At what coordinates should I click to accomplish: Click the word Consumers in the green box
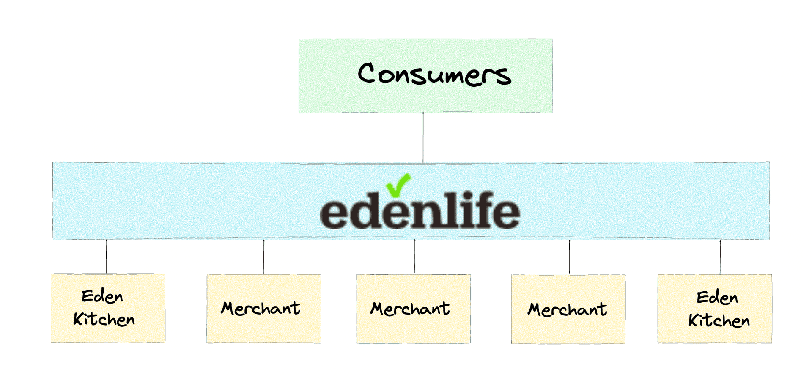(x=434, y=74)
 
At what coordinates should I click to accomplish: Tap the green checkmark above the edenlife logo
(x=398, y=185)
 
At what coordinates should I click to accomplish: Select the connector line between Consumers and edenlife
(x=423, y=137)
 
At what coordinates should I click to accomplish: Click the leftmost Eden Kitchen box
(x=108, y=308)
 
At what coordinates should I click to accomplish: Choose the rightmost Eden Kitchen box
(x=715, y=309)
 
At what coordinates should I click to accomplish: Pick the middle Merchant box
(x=413, y=309)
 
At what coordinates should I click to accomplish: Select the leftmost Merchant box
(x=263, y=309)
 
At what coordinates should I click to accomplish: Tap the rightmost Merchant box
(x=568, y=309)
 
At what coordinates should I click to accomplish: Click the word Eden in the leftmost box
(x=102, y=296)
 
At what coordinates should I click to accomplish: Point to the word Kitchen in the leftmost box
(x=104, y=319)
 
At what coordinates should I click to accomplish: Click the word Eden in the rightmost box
(x=717, y=298)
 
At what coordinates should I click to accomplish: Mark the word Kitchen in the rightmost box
(x=719, y=320)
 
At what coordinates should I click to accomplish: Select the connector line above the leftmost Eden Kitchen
(x=106, y=257)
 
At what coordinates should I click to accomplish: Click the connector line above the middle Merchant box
(x=414, y=257)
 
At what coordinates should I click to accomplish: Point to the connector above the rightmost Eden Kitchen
(x=720, y=257)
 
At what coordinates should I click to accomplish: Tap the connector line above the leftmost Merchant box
(x=263, y=257)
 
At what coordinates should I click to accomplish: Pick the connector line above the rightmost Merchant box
(x=569, y=257)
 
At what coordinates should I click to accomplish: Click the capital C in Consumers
(x=367, y=72)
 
